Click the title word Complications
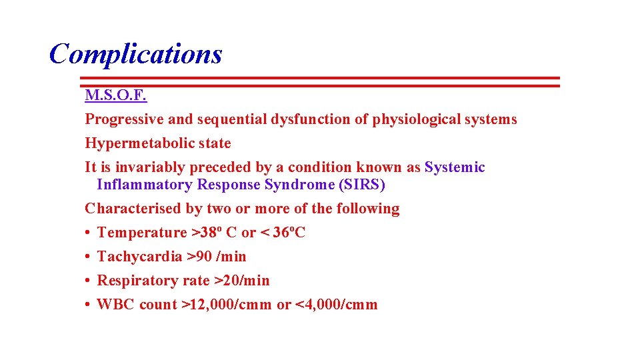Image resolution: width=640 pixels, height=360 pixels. [135, 54]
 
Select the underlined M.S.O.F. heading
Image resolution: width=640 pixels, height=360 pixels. [115, 95]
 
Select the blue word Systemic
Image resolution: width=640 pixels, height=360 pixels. [455, 167]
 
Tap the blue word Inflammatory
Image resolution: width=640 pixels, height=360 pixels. [144, 185]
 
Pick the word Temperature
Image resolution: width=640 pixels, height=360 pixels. [142, 233]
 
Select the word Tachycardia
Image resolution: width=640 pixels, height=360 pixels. [139, 257]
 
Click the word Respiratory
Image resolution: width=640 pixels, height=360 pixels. [138, 281]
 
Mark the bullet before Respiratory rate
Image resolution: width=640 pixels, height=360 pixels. [88, 281]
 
